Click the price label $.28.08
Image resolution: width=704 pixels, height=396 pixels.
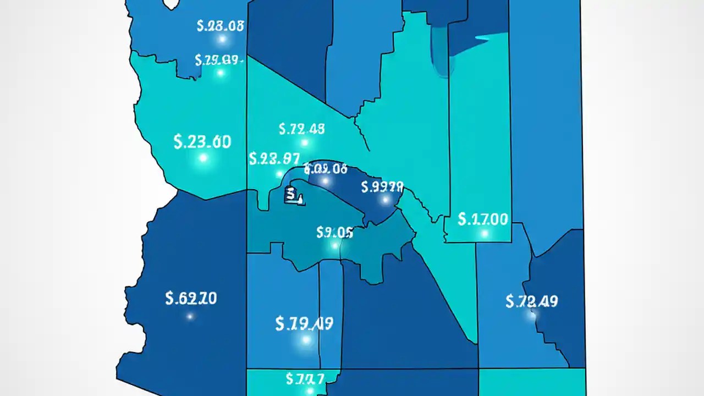(x=220, y=26)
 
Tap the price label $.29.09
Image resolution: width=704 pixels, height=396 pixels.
(x=219, y=60)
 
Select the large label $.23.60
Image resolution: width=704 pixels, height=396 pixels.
(x=202, y=141)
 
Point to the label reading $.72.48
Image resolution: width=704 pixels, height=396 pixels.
(x=301, y=129)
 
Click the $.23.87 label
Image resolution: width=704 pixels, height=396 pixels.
(x=274, y=159)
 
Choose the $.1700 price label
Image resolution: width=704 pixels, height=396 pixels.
(x=483, y=219)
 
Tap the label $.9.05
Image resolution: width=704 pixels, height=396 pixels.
(x=334, y=232)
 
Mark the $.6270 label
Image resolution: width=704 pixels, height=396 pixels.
(x=191, y=299)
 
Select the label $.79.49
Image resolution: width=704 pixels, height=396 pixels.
(x=304, y=323)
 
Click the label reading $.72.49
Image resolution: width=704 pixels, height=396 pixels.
(x=531, y=301)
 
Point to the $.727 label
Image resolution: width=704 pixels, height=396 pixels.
(x=305, y=378)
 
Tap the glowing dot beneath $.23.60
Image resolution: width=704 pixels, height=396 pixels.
(x=203, y=158)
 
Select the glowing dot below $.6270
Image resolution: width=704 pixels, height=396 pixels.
(x=190, y=316)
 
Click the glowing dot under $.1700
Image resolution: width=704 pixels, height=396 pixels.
(x=484, y=234)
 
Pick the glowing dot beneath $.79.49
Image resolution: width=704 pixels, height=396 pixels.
(x=306, y=340)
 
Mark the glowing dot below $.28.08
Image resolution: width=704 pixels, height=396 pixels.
(x=222, y=39)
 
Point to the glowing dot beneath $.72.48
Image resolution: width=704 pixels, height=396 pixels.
(x=305, y=143)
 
